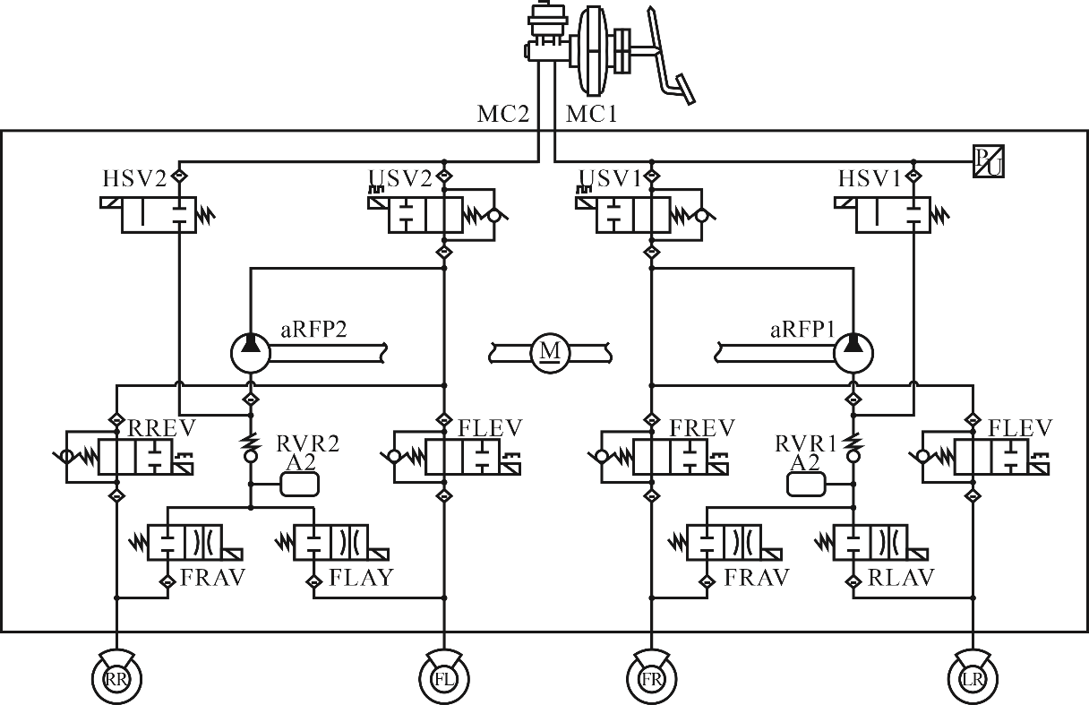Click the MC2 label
pos(502,115)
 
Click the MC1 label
pos(591,115)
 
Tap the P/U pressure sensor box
pos(989,161)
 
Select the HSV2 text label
pos(134,179)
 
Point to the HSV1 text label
pos(870,179)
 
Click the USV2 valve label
pos(400,178)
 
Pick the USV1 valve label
pos(610,178)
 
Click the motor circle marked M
pos(551,354)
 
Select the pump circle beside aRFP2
pos(251,354)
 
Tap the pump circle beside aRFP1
pos(853,354)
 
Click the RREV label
pos(161,428)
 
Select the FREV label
pos(702,428)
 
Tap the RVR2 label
pos(308,443)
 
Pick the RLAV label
pos(901,578)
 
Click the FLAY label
pos(361,578)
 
